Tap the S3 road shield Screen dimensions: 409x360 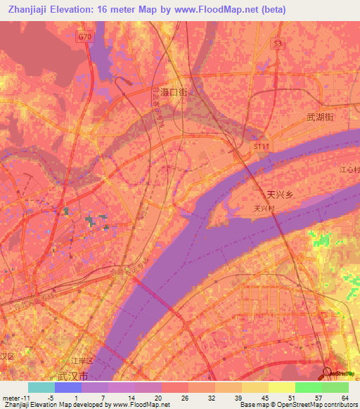click(279, 44)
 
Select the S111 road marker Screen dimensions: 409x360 click(261, 145)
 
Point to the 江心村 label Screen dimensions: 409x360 click(349, 169)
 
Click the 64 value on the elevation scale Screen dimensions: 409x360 click(345, 397)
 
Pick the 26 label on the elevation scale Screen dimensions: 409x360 click(185, 397)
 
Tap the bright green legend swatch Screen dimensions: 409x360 click(308, 387)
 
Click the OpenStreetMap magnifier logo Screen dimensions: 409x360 click(327, 372)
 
